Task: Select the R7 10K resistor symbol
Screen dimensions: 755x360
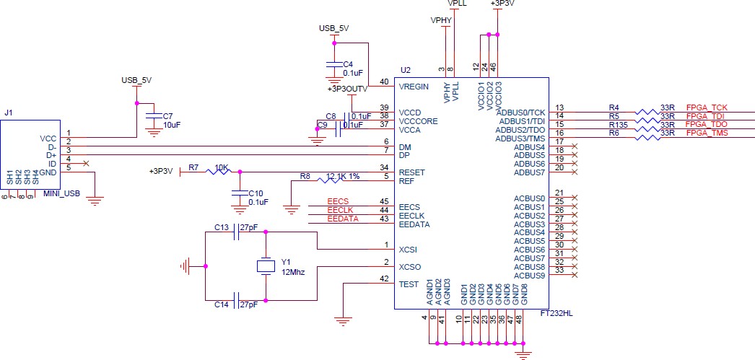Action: coord(219,172)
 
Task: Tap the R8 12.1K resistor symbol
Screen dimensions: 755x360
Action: coord(331,180)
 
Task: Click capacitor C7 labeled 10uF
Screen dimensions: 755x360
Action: coord(154,116)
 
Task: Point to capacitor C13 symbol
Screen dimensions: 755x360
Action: coord(237,232)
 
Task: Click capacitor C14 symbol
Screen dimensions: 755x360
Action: coord(237,300)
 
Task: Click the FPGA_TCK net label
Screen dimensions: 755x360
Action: coord(707,107)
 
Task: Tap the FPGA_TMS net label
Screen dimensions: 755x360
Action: coord(707,133)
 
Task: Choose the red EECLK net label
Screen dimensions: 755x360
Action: coord(341,211)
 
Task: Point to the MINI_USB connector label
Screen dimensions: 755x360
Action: coord(61,194)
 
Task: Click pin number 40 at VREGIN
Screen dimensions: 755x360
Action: coord(384,82)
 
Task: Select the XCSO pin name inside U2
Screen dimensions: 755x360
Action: coord(410,267)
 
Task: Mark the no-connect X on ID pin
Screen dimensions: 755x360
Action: coord(86,164)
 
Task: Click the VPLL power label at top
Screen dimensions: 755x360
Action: coord(457,4)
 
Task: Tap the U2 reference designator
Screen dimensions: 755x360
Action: coord(406,70)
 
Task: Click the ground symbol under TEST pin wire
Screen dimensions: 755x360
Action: coord(342,320)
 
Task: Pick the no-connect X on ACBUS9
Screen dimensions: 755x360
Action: coord(574,276)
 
